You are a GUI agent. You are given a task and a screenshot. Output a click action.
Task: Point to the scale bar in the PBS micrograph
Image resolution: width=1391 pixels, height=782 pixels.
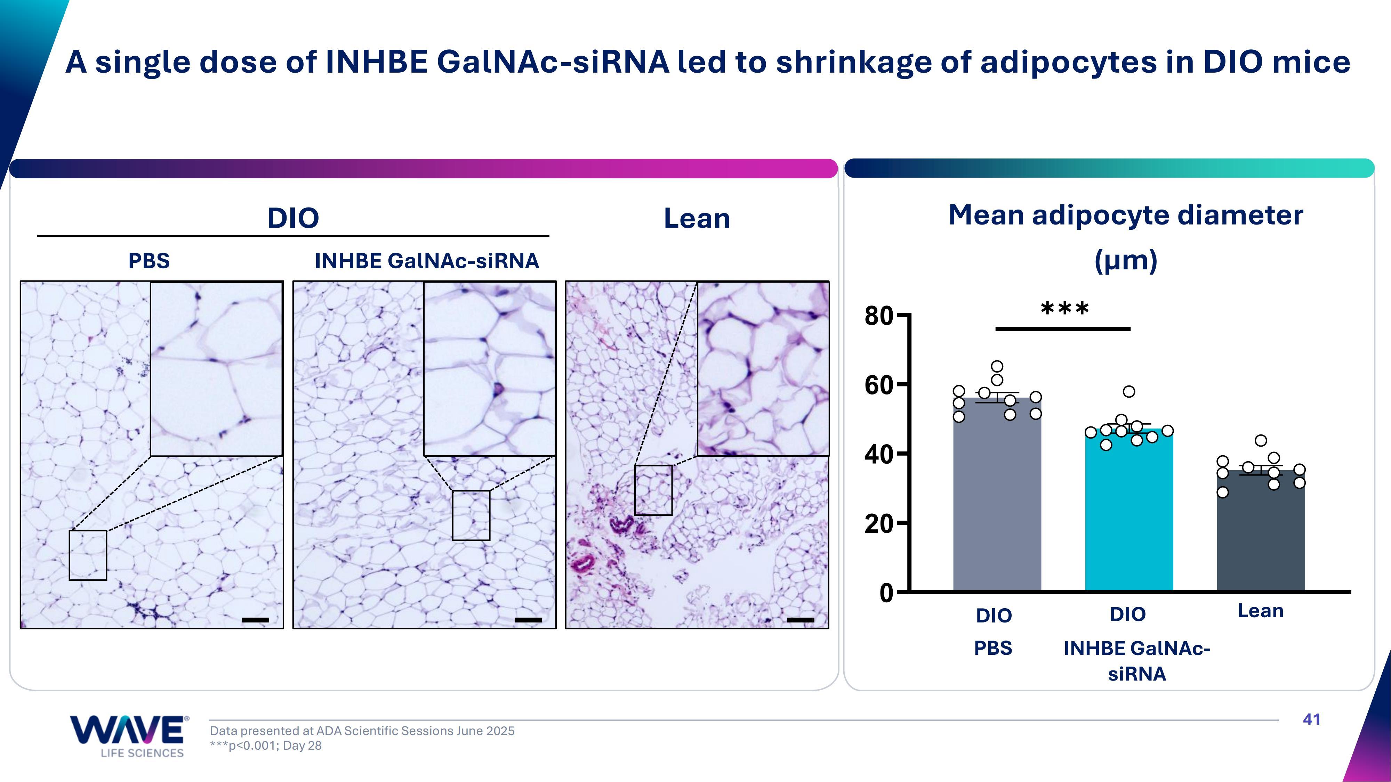click(255, 620)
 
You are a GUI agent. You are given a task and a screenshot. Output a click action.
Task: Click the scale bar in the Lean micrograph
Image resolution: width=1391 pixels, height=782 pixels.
click(800, 620)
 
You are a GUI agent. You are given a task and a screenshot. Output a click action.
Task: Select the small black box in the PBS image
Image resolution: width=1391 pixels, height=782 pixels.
click(88, 555)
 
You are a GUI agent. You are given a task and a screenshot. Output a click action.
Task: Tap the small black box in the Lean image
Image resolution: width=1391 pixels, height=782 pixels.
click(653, 490)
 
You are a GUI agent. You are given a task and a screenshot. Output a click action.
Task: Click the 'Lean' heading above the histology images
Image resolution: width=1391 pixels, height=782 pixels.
click(697, 219)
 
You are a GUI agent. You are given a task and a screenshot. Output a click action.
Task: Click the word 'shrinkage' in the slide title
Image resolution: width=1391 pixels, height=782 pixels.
click(853, 63)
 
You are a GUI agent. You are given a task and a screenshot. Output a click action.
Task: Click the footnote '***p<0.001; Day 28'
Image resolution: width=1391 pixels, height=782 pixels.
click(266, 746)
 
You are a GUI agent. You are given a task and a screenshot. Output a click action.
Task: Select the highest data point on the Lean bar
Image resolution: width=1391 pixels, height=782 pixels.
click(1261, 440)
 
